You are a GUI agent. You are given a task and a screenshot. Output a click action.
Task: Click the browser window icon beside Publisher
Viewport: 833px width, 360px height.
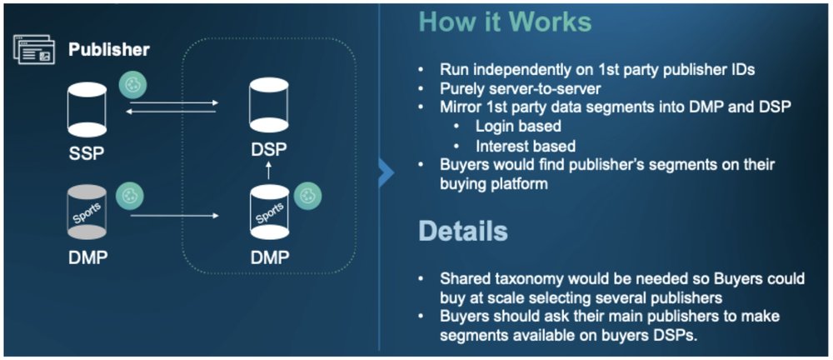[x=34, y=49]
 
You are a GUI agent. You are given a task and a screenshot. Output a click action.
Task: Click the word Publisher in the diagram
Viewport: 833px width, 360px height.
[x=109, y=49]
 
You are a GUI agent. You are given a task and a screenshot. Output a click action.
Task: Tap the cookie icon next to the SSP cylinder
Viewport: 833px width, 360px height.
[x=131, y=83]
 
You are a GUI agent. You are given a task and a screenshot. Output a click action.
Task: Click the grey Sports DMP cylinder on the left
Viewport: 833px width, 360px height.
[x=87, y=212]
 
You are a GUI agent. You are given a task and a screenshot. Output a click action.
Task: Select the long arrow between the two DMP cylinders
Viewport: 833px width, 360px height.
[x=175, y=216]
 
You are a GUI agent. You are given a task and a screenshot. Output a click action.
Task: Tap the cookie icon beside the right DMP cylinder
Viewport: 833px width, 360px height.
[x=308, y=196]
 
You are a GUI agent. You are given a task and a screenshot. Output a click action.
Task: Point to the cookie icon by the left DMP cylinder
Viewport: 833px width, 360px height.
[x=129, y=195]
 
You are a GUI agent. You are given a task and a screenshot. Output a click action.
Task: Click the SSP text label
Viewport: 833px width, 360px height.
[x=87, y=153]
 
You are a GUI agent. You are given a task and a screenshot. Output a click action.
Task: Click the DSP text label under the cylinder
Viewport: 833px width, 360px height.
[x=268, y=150]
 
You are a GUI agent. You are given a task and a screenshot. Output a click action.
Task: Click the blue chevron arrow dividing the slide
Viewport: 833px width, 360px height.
[x=386, y=173]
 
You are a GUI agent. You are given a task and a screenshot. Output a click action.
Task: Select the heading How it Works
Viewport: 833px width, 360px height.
[x=504, y=22]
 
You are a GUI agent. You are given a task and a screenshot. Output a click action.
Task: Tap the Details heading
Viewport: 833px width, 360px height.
[x=461, y=231]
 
